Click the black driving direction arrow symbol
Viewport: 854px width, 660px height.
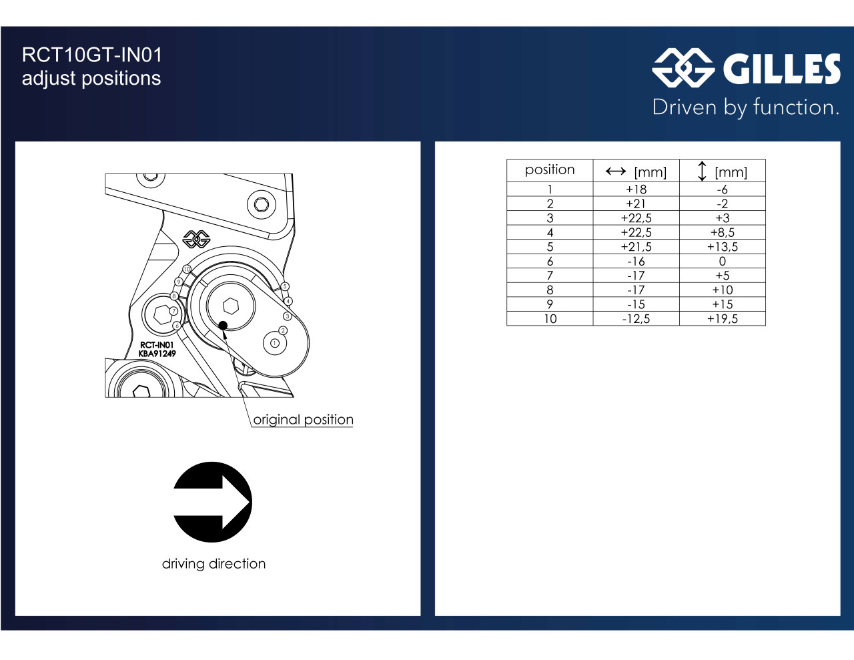click(x=213, y=502)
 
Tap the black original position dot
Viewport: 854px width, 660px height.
click(x=223, y=326)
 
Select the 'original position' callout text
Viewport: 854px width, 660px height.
click(x=303, y=420)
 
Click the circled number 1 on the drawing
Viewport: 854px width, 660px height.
click(x=275, y=343)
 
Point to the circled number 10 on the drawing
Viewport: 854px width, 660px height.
click(x=187, y=269)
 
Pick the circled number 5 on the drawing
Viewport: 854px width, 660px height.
click(x=285, y=286)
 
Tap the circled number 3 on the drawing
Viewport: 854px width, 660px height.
click(x=288, y=316)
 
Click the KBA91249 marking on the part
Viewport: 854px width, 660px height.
click(x=157, y=354)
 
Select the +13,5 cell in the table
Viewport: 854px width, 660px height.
click(x=723, y=247)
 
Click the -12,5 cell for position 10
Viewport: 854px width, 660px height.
click(x=636, y=319)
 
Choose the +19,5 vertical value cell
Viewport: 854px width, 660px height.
click(x=723, y=319)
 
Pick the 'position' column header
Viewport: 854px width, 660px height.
click(x=550, y=170)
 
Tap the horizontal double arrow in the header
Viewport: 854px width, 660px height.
click(x=616, y=171)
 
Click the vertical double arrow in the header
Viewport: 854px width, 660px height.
click(x=702, y=171)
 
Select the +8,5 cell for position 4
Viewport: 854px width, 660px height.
click(x=723, y=232)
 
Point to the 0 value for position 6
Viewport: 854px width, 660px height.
click(x=723, y=261)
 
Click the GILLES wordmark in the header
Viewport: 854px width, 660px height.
click(x=782, y=69)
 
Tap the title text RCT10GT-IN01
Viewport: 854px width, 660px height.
click(x=92, y=55)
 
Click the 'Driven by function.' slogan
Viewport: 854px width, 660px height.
click(x=746, y=107)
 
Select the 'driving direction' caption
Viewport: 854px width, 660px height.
click(x=213, y=564)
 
